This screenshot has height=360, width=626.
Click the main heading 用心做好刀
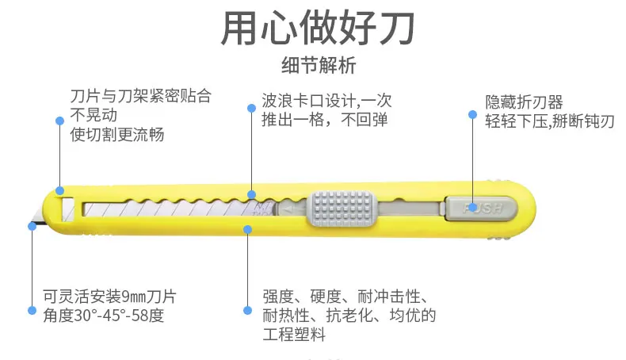(x=318, y=28)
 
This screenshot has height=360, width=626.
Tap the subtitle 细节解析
(x=319, y=65)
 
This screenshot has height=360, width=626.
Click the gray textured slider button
(x=342, y=209)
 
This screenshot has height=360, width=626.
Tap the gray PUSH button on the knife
(x=482, y=209)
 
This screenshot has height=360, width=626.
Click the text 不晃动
(x=94, y=115)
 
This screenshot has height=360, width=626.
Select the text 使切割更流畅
(x=117, y=135)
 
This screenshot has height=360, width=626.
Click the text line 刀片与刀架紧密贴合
(x=141, y=96)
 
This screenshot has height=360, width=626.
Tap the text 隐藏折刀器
(x=525, y=101)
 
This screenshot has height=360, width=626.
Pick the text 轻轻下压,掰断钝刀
(x=550, y=121)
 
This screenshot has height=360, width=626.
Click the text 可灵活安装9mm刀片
(x=110, y=297)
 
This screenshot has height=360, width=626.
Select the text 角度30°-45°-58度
(x=104, y=316)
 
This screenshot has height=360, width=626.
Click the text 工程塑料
(x=294, y=334)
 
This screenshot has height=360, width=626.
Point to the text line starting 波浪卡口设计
(x=327, y=101)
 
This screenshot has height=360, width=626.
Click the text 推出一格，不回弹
(x=325, y=120)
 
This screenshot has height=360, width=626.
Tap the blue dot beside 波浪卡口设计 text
(x=251, y=109)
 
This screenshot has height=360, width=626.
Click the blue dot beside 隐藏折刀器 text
(x=473, y=115)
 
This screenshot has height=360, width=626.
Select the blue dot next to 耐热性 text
(x=247, y=311)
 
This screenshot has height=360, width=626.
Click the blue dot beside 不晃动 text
(x=60, y=121)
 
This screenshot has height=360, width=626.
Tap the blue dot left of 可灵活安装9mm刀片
(x=32, y=311)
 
